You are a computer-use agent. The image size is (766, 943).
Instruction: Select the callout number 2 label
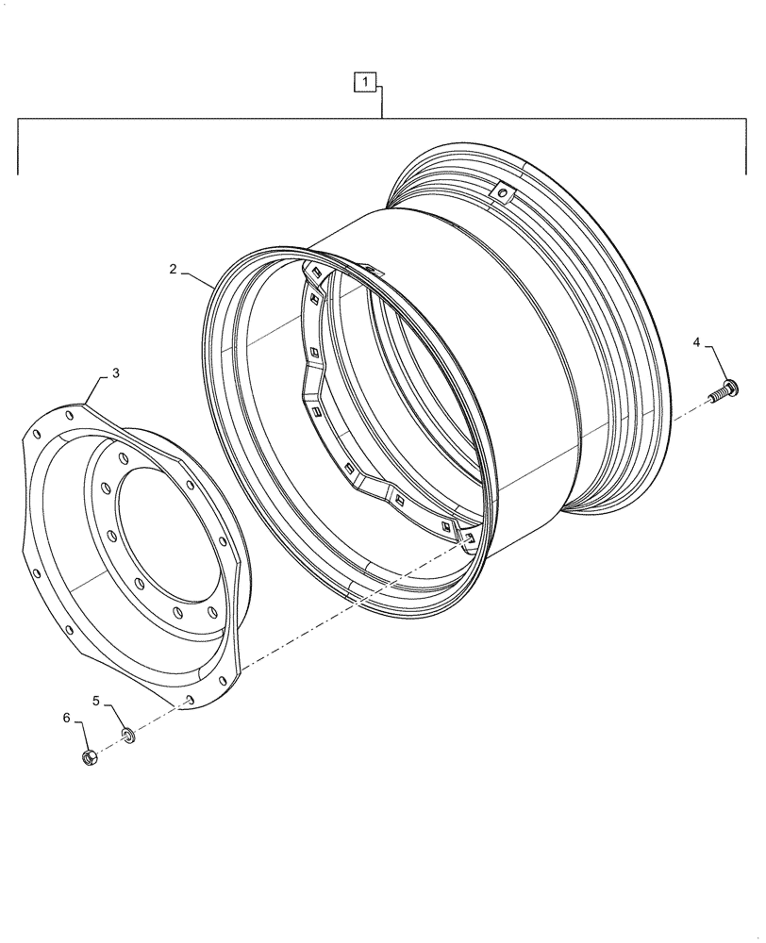click(174, 270)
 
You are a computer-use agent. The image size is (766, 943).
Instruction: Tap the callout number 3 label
click(115, 373)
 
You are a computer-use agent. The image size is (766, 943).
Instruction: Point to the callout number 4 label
click(697, 342)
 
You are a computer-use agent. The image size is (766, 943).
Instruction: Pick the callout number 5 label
click(95, 700)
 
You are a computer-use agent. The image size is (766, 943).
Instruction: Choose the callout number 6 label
click(67, 719)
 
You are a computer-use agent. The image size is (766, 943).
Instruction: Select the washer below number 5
click(128, 734)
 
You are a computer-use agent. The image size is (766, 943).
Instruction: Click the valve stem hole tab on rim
click(504, 194)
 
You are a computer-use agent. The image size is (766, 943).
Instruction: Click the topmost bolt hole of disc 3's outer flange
click(71, 410)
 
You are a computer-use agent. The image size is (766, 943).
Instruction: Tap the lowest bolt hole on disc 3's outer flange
click(189, 699)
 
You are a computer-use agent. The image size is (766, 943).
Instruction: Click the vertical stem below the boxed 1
click(381, 102)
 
